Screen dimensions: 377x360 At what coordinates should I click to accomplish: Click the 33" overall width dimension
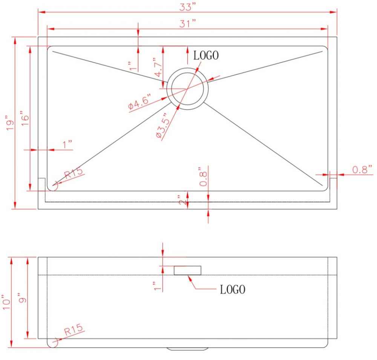188,7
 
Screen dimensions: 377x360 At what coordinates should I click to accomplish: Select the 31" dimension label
188,23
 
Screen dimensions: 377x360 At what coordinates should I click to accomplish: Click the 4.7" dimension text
158,67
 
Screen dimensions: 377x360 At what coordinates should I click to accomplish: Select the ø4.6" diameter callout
140,102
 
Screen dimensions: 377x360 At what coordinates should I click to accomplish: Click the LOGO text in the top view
206,55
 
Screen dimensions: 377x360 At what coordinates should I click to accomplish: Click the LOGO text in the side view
233,289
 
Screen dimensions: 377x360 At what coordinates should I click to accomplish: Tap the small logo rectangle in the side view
187,270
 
